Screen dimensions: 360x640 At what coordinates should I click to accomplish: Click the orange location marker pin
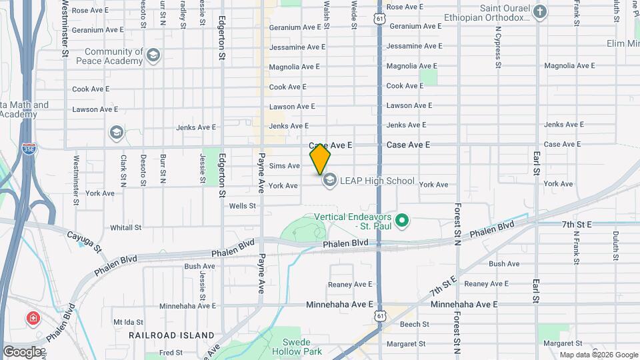coord(321,159)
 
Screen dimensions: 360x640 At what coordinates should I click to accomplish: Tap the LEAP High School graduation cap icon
coord(329,180)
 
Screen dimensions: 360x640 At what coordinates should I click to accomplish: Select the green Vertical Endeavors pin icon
coord(401,219)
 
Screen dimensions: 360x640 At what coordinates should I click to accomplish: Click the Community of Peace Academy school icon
coord(154,55)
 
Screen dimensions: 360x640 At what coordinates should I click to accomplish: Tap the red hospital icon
coord(32,319)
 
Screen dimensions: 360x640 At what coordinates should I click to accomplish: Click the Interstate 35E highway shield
coord(29,149)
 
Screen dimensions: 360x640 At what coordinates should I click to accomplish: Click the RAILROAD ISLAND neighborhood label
coord(171,335)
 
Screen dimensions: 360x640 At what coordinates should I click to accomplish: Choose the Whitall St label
coord(125,227)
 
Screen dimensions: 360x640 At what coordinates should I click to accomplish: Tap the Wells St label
coord(242,206)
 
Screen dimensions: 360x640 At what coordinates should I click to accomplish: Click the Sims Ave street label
coord(285,165)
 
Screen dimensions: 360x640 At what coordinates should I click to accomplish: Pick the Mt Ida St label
coord(129,321)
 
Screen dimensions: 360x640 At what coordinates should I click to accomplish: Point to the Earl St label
coord(535,163)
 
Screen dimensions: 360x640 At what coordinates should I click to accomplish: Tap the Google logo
coord(22,352)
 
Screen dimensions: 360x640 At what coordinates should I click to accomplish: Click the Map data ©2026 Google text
coord(598,355)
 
